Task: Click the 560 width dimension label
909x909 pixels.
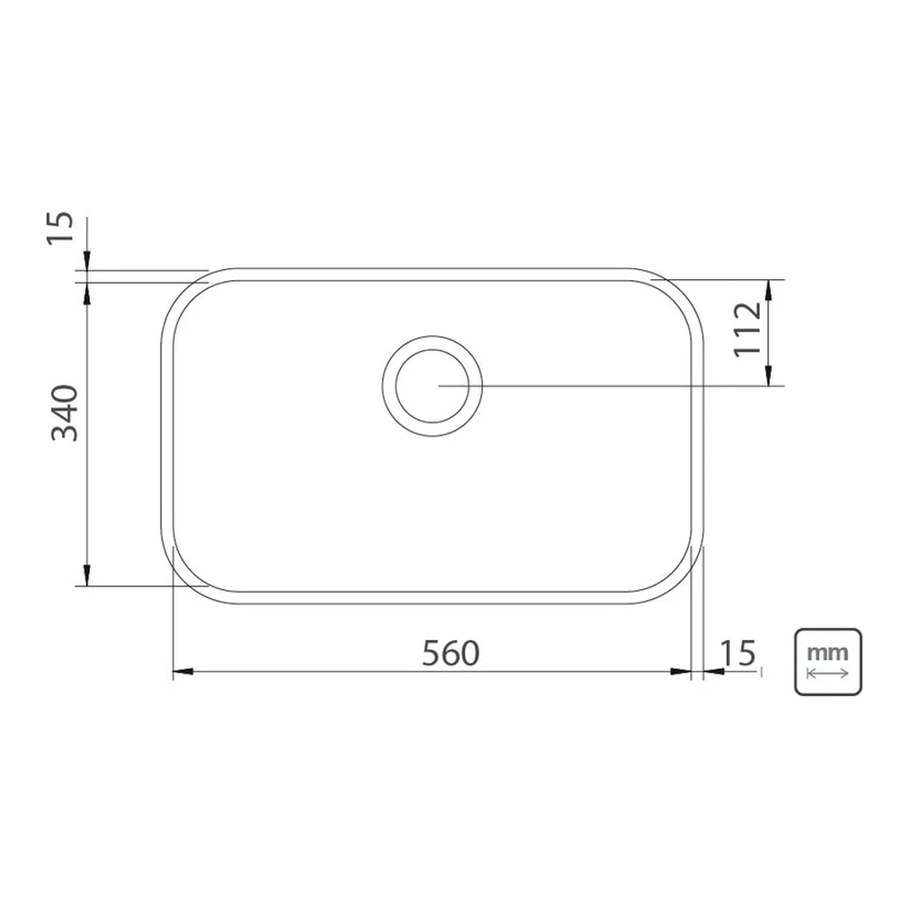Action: point(451,653)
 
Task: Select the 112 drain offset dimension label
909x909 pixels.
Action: point(747,329)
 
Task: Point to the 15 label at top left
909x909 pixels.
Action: point(61,228)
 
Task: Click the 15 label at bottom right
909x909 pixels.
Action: point(738,653)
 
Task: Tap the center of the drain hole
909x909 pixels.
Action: point(432,385)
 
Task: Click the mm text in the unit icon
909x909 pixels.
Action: point(828,653)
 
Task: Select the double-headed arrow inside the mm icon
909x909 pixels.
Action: point(828,674)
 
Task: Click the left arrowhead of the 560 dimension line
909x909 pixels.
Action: point(184,672)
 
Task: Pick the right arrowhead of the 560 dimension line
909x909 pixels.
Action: point(681,672)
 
